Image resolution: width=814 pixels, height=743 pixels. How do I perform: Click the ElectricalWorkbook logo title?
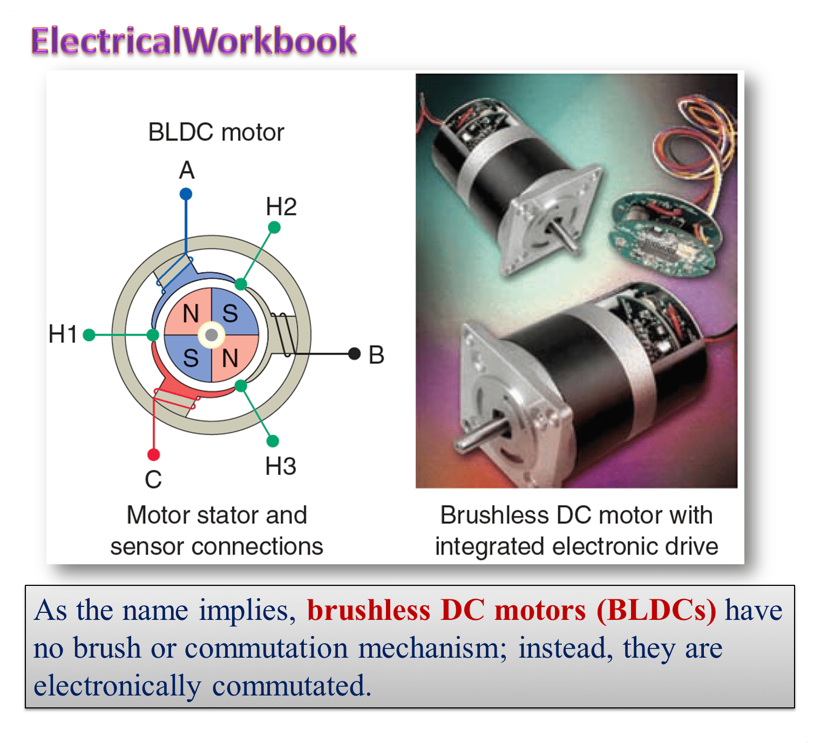(x=193, y=41)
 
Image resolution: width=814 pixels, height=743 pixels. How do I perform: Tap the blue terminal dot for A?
(x=186, y=194)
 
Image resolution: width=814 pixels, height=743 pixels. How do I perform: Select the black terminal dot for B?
(x=354, y=354)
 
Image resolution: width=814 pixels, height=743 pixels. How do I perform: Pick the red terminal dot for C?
(x=154, y=455)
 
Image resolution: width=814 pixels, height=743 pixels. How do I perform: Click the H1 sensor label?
(x=63, y=334)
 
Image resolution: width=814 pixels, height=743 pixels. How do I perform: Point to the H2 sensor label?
(x=281, y=207)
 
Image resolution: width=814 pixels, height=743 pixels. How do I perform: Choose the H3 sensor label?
(x=281, y=466)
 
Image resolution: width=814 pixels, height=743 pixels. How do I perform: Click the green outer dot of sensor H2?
(x=274, y=228)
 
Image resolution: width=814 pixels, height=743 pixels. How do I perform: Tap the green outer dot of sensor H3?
(x=273, y=441)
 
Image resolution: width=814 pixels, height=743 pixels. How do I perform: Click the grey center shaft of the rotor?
(x=212, y=335)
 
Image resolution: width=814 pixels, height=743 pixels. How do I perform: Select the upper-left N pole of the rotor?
(x=191, y=313)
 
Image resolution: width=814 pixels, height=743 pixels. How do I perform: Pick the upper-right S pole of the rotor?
(x=230, y=313)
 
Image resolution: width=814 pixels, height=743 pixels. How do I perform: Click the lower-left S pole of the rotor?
(x=191, y=357)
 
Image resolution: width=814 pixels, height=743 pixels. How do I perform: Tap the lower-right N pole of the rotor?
(x=230, y=357)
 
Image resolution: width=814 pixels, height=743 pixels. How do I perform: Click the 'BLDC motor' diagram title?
(x=216, y=132)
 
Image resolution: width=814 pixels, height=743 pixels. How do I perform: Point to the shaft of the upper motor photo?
(x=567, y=238)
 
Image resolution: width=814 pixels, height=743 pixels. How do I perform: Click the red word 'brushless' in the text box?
(x=369, y=611)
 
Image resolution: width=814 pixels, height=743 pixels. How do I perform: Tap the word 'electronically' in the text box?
(x=117, y=686)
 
